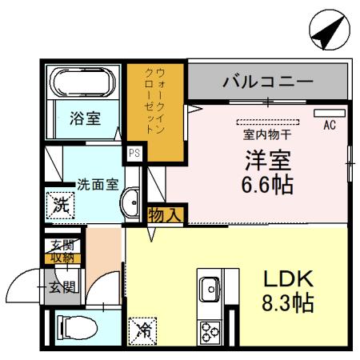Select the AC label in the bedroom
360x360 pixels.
329,126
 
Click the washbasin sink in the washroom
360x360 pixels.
129,204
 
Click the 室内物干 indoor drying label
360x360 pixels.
267,134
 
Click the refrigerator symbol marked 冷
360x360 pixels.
142,329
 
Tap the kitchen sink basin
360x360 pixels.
212,286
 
